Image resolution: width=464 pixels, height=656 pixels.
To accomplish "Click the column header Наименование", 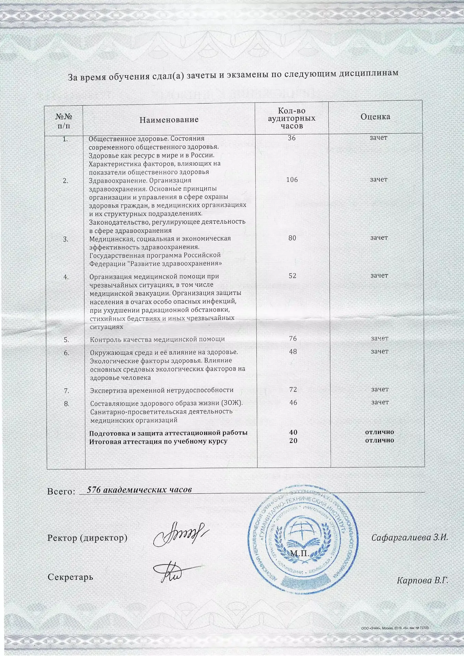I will click(169, 120).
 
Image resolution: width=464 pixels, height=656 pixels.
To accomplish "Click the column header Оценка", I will click(375, 117).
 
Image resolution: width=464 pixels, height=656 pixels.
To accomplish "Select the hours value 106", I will click(292, 180).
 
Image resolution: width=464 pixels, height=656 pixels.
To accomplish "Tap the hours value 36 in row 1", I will click(291, 138).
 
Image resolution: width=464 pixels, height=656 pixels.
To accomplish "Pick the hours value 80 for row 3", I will click(292, 238).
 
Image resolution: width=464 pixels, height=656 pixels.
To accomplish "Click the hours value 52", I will click(292, 276).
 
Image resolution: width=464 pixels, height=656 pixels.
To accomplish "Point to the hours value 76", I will click(293, 339).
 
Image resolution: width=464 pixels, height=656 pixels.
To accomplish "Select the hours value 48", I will click(293, 352).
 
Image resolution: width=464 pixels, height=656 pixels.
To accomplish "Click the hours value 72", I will click(293, 389).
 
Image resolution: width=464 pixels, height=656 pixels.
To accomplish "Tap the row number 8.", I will click(67, 404).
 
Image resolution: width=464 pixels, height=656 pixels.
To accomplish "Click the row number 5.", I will click(66, 340).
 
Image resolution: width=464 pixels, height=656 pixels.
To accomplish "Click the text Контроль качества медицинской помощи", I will click(157, 339).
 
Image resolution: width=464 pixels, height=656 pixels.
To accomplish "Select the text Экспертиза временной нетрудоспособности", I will click(162, 390).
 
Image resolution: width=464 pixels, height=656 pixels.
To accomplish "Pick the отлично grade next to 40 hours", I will click(380, 432).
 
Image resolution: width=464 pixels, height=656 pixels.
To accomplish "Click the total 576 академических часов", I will click(139, 490).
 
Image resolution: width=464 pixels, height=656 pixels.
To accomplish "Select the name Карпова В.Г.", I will click(422, 580).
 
